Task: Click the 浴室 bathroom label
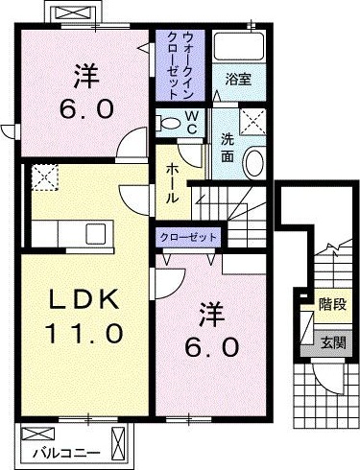click(238, 80)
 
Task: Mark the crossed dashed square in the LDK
click(44, 176)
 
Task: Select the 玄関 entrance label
click(332, 342)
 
